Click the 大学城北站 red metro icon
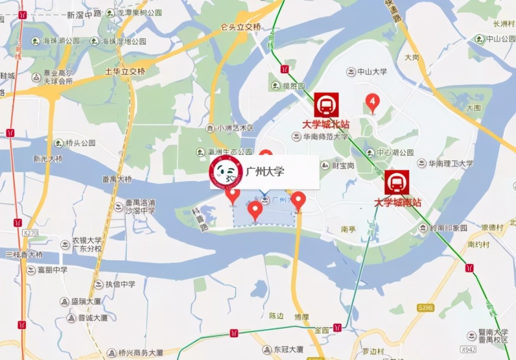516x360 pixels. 326,105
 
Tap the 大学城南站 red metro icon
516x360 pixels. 396,182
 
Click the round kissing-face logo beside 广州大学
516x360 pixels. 225,173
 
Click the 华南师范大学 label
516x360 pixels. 325,137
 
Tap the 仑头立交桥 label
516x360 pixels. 241,27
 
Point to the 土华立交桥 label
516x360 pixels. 125,71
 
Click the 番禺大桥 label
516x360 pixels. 117,180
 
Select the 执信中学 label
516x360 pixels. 120,284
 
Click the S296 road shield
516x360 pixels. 425,307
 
